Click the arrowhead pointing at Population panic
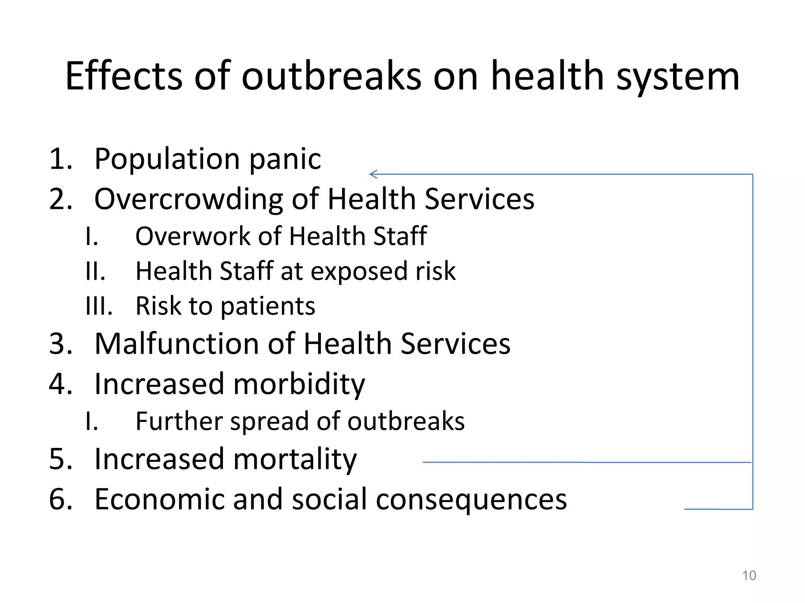[x=373, y=174]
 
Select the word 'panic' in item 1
[x=285, y=159]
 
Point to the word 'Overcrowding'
[x=188, y=199]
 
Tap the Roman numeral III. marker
[x=99, y=306]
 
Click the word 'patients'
[x=268, y=306]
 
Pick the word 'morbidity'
[x=299, y=384]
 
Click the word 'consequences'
[x=471, y=500]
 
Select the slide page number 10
[x=749, y=576]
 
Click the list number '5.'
[x=61, y=459]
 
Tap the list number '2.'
[x=61, y=199]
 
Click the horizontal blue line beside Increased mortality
[x=586, y=462]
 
